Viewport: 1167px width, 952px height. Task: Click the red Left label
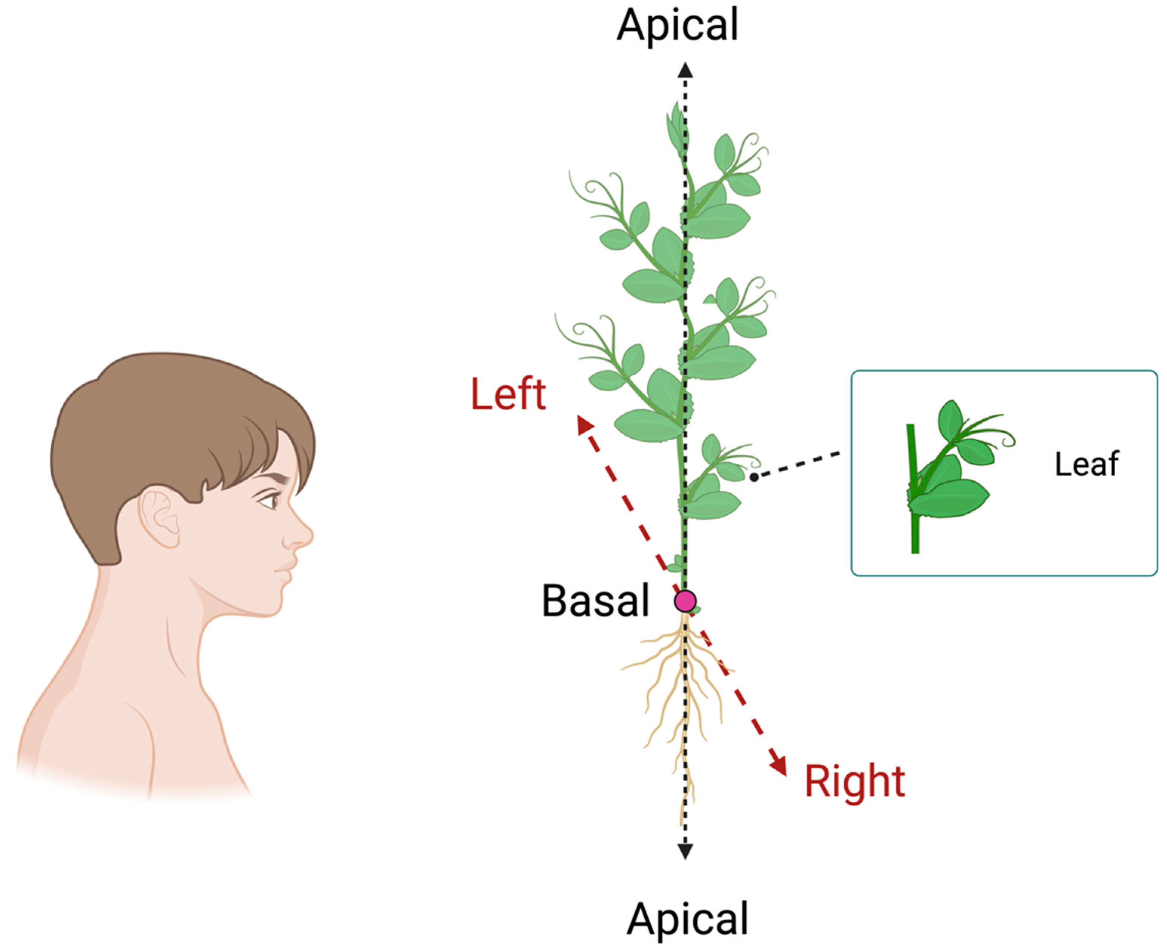pos(508,394)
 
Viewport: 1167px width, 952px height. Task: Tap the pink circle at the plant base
pos(685,601)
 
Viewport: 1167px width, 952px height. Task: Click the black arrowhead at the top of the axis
pos(685,70)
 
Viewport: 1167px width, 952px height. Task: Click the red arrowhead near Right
pos(779,765)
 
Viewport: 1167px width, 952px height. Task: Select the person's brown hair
pos(165,428)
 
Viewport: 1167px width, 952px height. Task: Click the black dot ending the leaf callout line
pos(754,477)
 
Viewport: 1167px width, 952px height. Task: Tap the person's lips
pos(286,570)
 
